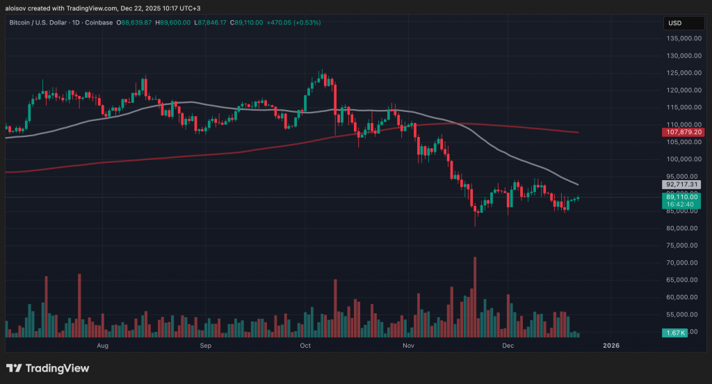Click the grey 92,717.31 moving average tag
coord(683,186)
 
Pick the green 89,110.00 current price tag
coord(683,198)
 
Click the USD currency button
coord(675,23)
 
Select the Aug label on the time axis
coord(103,345)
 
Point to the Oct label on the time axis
coord(305,345)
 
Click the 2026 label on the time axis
coord(610,345)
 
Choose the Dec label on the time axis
coord(508,345)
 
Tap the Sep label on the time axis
coord(205,345)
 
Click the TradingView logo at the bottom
coord(48,368)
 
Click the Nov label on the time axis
coord(408,345)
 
